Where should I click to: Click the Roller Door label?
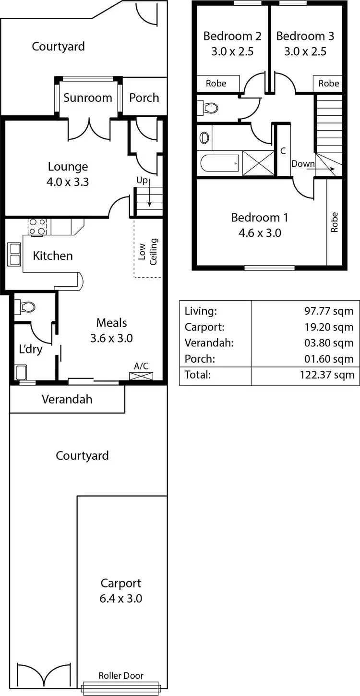click(121, 675)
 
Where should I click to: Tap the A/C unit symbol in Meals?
click(142, 376)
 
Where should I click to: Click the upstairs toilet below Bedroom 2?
click(208, 108)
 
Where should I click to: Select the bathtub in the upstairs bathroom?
click(219, 164)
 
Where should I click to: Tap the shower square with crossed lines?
click(258, 163)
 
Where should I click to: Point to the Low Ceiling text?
click(148, 251)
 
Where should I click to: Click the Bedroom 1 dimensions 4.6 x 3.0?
click(260, 233)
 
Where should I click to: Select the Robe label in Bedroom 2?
click(216, 84)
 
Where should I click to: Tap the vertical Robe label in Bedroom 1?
click(334, 222)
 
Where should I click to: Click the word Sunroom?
click(88, 98)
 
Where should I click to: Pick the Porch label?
click(144, 98)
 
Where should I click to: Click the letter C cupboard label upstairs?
click(283, 151)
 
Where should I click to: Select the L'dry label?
click(31, 349)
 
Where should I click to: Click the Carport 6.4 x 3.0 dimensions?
click(121, 598)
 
